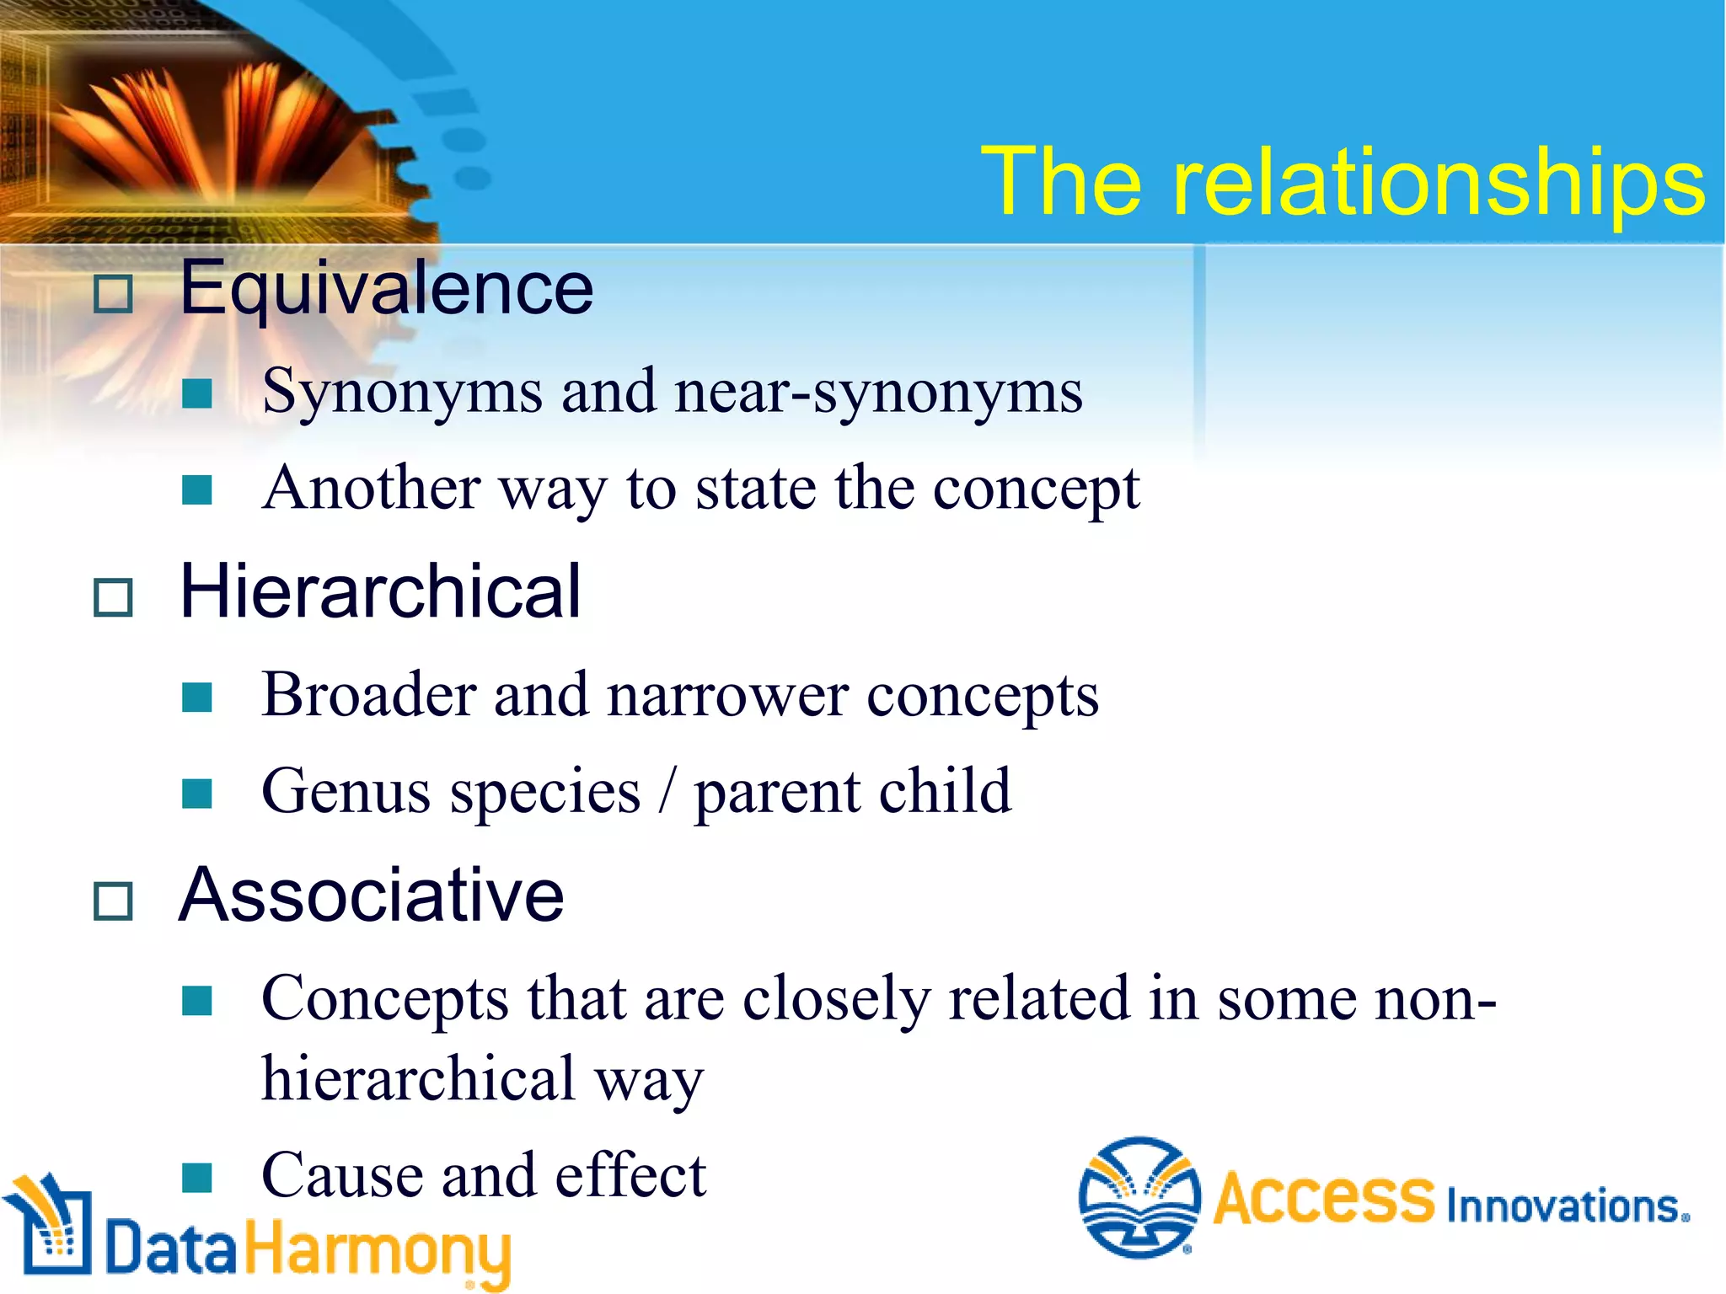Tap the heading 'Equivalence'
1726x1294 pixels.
(x=386, y=289)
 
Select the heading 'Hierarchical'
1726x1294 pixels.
(x=380, y=591)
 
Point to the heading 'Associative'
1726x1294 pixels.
(x=372, y=895)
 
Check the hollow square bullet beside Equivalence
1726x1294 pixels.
(x=113, y=295)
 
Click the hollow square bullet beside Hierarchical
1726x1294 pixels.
(x=113, y=597)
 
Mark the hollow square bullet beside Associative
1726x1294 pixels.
(x=113, y=901)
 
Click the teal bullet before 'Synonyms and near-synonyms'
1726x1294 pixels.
(x=197, y=393)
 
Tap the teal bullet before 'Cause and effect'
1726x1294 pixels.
(x=197, y=1178)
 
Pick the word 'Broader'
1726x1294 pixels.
(x=369, y=695)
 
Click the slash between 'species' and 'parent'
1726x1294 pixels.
(x=667, y=792)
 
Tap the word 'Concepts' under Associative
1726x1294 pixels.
(x=385, y=999)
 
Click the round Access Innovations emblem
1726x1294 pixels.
(x=1139, y=1198)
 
